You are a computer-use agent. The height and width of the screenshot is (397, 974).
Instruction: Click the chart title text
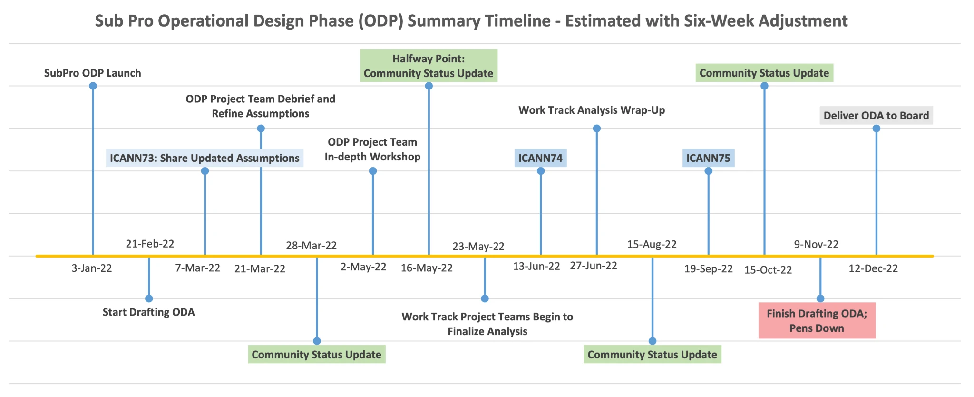(471, 21)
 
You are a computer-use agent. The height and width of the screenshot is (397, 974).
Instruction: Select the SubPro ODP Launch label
(93, 73)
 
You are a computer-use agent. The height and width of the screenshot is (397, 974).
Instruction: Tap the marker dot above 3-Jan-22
(93, 86)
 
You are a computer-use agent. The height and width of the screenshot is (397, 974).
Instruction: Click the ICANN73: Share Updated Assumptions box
(205, 158)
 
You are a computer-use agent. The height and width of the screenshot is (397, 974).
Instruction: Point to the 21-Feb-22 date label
(150, 244)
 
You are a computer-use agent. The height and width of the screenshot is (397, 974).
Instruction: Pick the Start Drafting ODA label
(149, 312)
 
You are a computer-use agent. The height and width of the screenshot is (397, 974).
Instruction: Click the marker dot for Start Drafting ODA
(149, 298)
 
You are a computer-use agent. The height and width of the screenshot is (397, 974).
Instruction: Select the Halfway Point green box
(429, 66)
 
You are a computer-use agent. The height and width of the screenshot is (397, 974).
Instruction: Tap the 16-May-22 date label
(427, 268)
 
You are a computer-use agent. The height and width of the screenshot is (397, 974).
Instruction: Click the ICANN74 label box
(540, 158)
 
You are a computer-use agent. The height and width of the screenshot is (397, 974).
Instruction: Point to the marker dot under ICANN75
(708, 171)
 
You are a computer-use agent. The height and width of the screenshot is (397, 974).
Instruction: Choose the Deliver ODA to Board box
(876, 115)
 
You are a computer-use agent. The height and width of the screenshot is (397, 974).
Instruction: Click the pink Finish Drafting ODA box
(817, 321)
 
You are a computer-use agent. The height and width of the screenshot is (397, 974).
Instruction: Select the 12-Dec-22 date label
(873, 268)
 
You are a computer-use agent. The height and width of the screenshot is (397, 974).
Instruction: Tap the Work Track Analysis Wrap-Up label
(592, 110)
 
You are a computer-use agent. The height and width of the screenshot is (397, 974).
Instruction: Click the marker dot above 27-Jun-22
(597, 129)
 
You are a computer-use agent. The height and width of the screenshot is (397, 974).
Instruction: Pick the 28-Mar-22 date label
(311, 246)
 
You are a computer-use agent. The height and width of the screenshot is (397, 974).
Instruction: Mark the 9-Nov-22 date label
(816, 244)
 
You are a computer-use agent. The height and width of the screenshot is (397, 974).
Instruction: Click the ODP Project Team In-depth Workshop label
(372, 149)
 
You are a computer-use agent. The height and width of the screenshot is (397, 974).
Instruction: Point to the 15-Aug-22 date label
(652, 245)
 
